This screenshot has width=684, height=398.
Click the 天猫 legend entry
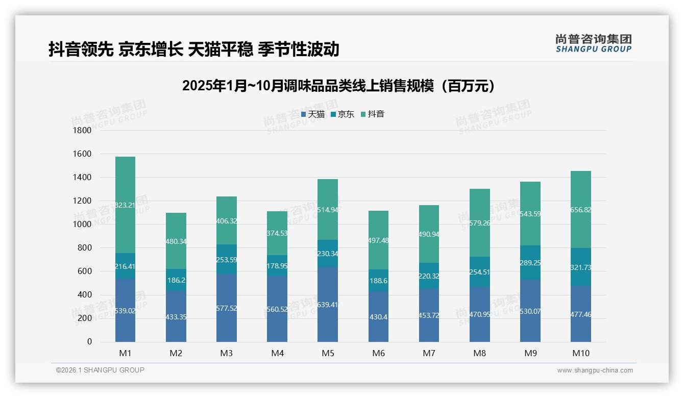[313, 114]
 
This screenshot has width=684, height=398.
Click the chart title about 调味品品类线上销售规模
[338, 86]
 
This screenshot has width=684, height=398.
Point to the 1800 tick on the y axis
[83, 131]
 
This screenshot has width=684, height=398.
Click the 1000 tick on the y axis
[83, 225]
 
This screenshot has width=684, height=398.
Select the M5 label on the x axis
[328, 353]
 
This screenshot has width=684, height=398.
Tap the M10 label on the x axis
[580, 353]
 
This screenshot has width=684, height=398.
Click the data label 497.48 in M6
[378, 240]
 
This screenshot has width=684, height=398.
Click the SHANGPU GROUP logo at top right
[594, 43]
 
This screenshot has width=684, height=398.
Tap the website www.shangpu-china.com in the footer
[595, 370]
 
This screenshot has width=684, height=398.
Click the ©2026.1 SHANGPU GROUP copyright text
[100, 370]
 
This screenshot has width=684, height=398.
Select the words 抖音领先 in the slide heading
[81, 49]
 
